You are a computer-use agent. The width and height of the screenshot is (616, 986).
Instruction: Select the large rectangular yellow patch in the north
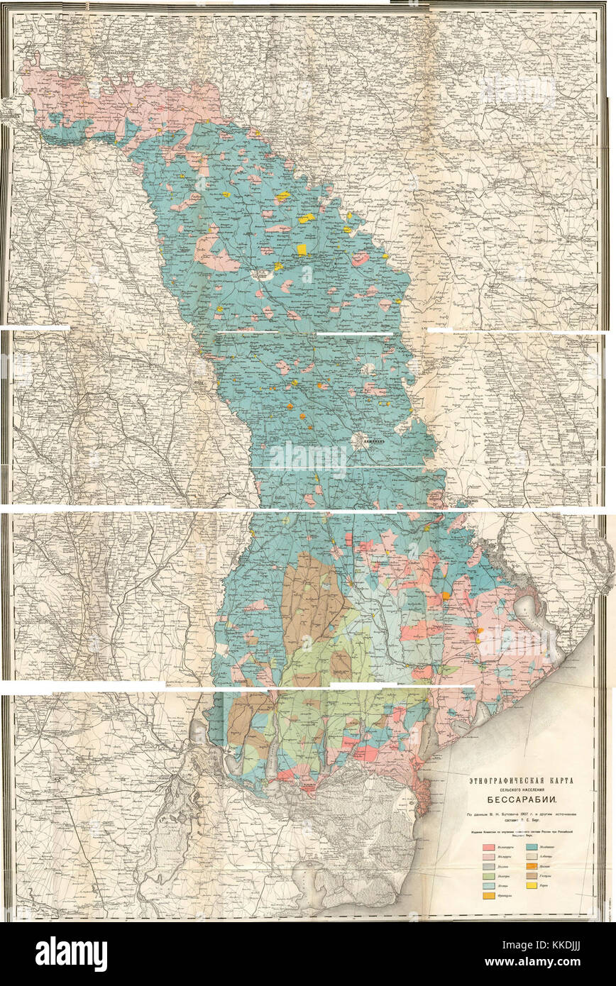click(x=302, y=249)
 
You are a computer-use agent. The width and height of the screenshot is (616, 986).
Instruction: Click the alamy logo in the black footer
click(x=71, y=953)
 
